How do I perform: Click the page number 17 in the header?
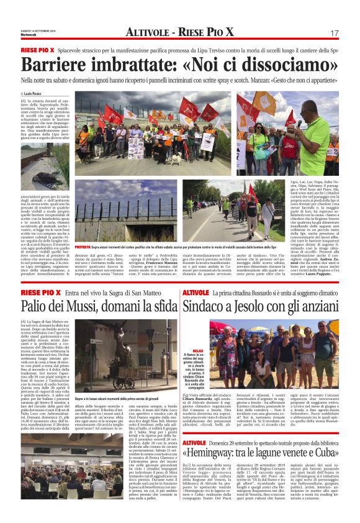[334, 32]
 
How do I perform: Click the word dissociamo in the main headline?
[276, 64]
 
